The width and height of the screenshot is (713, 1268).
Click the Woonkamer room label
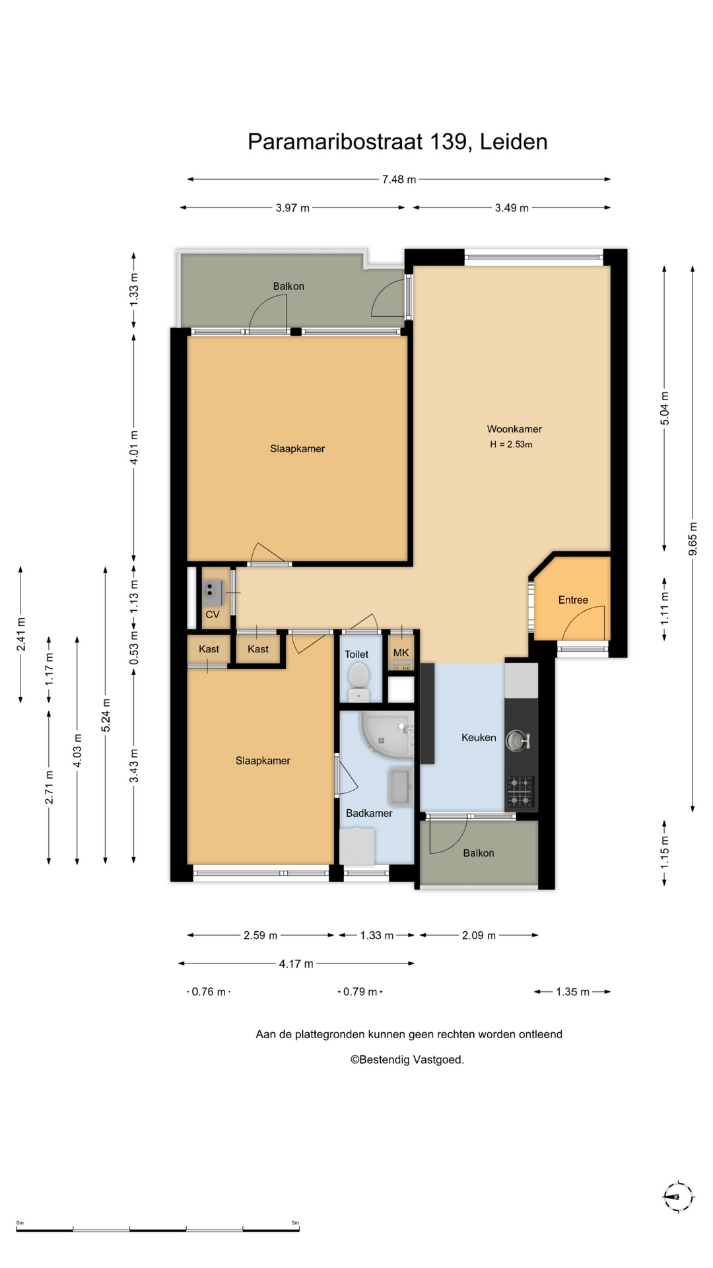pos(514,429)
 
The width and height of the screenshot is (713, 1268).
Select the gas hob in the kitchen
pos(521,792)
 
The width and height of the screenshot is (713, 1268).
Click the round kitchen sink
pos(518,740)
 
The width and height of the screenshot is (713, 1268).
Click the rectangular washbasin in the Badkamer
pos(401,787)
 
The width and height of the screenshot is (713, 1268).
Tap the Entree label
pos(573,600)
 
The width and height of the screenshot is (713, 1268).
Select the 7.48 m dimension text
pos(399,179)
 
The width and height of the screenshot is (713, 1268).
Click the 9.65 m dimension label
pos(693,539)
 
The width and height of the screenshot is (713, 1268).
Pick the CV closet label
pos(213,615)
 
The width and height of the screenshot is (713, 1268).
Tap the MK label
pos(401,653)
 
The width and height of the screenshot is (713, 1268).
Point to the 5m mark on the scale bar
pos(295,1223)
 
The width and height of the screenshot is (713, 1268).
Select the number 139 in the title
pos(449,142)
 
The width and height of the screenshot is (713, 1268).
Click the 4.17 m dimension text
pos(296,964)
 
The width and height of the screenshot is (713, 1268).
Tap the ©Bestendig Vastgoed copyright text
pos(407,1060)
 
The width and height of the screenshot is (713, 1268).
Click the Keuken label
pos(479,738)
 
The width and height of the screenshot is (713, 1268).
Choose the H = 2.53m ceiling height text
pos(511,444)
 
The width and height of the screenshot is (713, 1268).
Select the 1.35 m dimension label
pos(573,992)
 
